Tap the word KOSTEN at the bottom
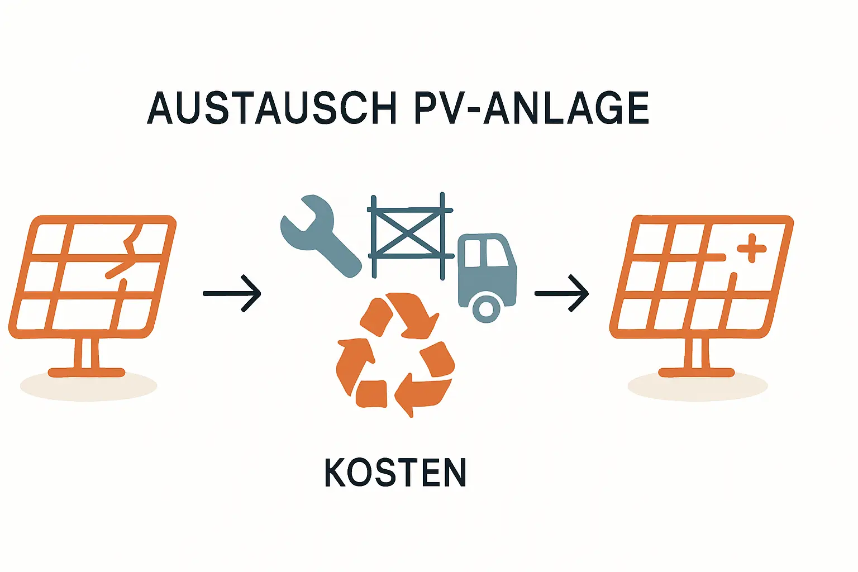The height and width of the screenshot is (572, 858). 395,473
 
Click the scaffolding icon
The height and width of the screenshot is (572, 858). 409,235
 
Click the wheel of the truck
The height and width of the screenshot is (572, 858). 486,308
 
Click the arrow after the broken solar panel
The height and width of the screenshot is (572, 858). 232,293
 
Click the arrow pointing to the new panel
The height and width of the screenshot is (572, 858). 561,293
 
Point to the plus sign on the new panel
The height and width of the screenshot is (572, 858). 752,247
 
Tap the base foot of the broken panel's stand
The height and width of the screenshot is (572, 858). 87,372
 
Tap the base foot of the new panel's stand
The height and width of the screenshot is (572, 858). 697,372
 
